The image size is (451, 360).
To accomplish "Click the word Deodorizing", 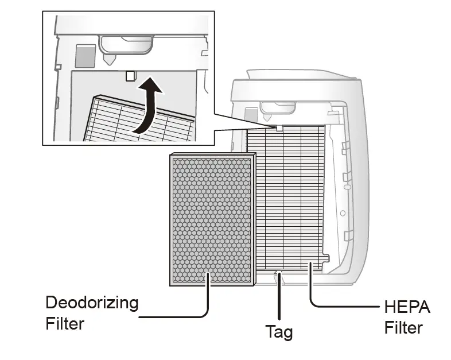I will tap(92, 303).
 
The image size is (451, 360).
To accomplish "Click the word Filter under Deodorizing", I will tap(65, 323).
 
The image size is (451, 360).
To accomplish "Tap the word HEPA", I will tap(407, 307).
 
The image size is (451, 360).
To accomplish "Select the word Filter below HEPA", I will tap(403, 327).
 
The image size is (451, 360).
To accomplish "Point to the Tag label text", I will tap(279, 331).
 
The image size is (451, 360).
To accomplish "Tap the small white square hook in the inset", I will tap(130, 75).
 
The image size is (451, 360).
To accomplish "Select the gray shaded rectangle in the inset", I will tap(85, 55).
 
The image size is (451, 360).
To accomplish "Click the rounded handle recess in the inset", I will tap(127, 43).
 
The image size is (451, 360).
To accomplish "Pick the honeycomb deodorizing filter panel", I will tap(212, 219).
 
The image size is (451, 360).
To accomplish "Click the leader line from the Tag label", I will tap(279, 299).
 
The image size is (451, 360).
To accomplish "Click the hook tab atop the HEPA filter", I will tap(279, 127).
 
